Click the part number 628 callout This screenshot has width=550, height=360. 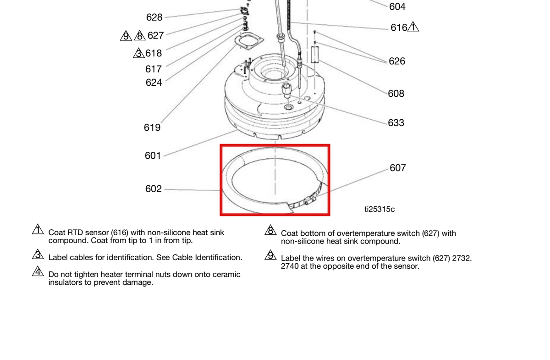click(x=154, y=17)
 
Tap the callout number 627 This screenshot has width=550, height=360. click(x=155, y=36)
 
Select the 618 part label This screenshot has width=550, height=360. click(x=154, y=53)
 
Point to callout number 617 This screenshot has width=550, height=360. click(x=154, y=69)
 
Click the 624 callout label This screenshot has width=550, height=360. click(x=154, y=83)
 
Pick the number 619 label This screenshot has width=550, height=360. click(x=152, y=127)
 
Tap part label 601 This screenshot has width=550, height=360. click(x=153, y=156)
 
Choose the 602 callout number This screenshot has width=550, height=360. click(x=154, y=189)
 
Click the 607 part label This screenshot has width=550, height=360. click(x=398, y=168)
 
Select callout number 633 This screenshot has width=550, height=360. click(x=396, y=123)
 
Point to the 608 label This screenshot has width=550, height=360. click(x=396, y=94)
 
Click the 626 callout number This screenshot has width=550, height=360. click(x=397, y=61)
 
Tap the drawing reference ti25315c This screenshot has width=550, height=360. click(x=379, y=210)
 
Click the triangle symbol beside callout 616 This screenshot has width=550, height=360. click(x=413, y=27)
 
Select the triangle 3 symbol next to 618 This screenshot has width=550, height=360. click(x=139, y=53)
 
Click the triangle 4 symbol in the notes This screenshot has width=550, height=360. click(x=38, y=271)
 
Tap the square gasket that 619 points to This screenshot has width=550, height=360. click(x=249, y=41)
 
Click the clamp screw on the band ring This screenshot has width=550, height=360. click(x=309, y=200)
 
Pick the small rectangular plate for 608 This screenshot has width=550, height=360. click(x=315, y=55)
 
